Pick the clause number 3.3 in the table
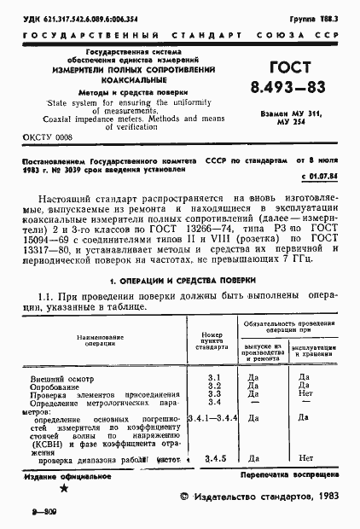(x=214, y=394)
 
